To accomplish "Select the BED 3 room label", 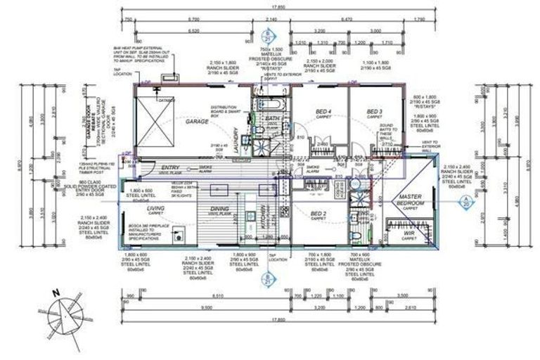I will (x=373, y=112).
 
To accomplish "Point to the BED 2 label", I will (x=319, y=213).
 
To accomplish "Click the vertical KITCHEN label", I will (x=263, y=219).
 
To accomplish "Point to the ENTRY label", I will (x=170, y=167).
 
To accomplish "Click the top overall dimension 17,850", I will (x=270, y=8).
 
